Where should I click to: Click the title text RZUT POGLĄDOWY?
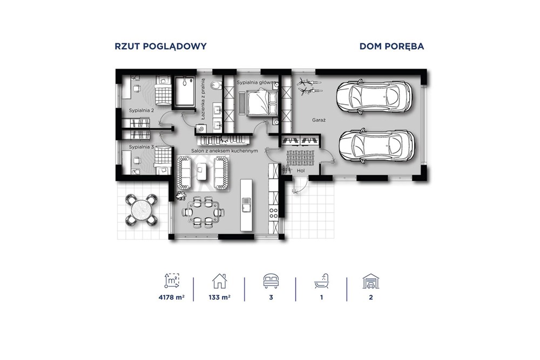pos(160,46)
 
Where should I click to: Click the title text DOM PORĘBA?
pos(391,46)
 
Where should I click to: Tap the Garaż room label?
pos(319,120)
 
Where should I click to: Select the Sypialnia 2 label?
pos(141,111)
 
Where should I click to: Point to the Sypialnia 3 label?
pos(141,147)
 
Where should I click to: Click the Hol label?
pos(300,171)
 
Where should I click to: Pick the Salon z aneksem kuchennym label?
pos(225,151)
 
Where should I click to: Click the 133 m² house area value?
pos(219,297)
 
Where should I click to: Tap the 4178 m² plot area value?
pos(172,297)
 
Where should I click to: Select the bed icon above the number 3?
pos(271,281)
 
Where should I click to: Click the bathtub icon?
pos(322,281)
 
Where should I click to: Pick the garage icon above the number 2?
pos(370,281)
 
